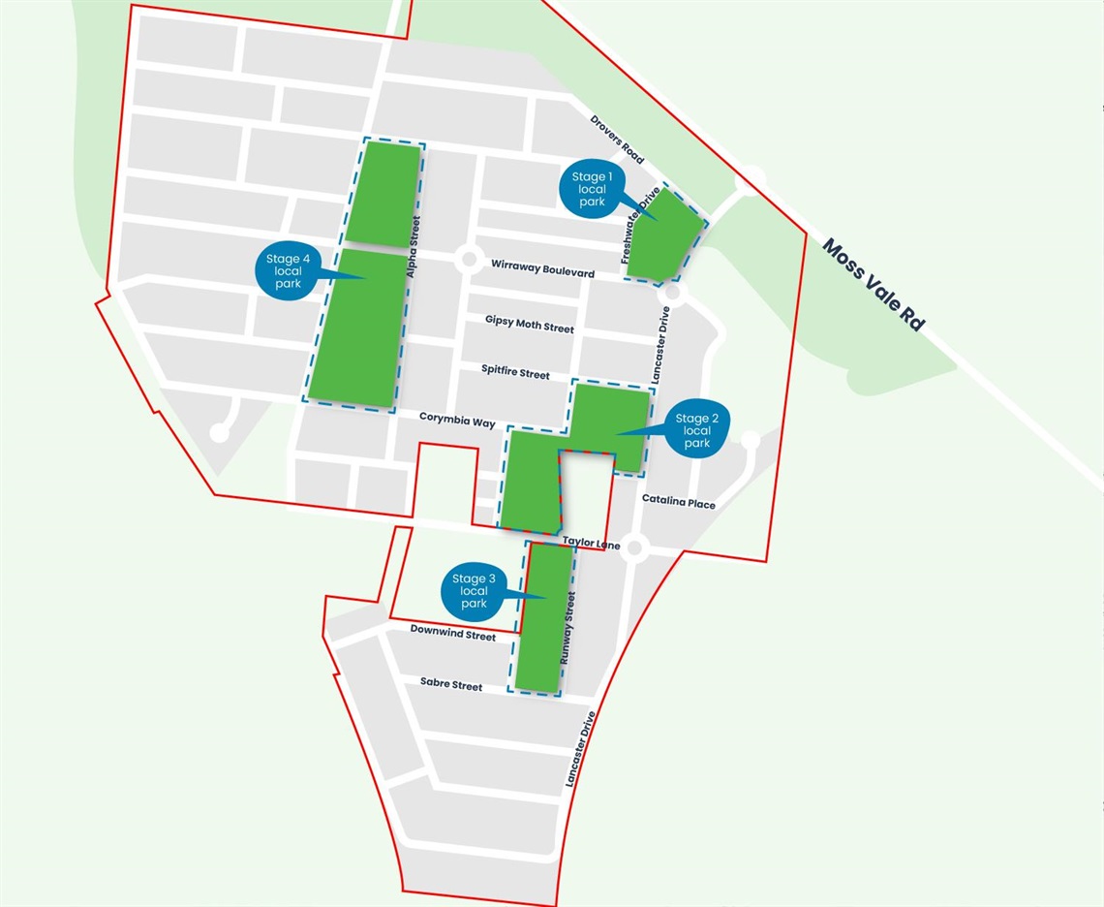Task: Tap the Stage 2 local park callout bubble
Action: pyautogui.click(x=697, y=430)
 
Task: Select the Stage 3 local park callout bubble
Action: pyautogui.click(x=474, y=591)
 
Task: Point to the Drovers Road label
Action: pyautogui.click(x=618, y=140)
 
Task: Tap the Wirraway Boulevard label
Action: pyautogui.click(x=542, y=267)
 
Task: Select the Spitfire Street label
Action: pyautogui.click(x=515, y=372)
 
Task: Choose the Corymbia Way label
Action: pyautogui.click(x=457, y=421)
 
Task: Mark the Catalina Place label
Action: pyautogui.click(x=679, y=502)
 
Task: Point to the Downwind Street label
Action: pyautogui.click(x=452, y=633)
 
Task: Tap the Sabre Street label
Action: pyautogui.click(x=451, y=684)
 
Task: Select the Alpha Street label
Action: pyautogui.click(x=414, y=248)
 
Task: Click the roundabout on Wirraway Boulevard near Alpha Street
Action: pyautogui.click(x=470, y=260)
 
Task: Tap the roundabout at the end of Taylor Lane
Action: pyautogui.click(x=634, y=548)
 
